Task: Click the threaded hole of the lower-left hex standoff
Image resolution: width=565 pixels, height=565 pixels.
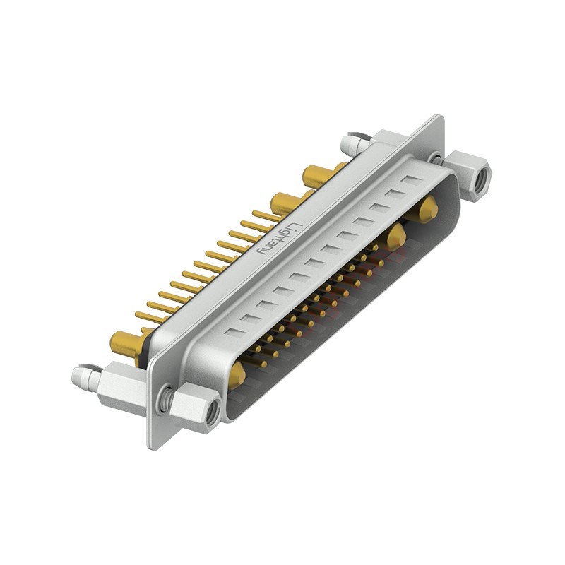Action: [212, 417]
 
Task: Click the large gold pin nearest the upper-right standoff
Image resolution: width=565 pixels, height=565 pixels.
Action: [427, 210]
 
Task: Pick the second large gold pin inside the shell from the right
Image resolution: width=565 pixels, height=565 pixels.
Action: [395, 237]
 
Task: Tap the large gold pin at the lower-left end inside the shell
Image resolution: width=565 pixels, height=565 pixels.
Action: [238, 374]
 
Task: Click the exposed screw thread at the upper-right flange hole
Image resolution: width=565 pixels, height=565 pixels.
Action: [439, 159]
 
